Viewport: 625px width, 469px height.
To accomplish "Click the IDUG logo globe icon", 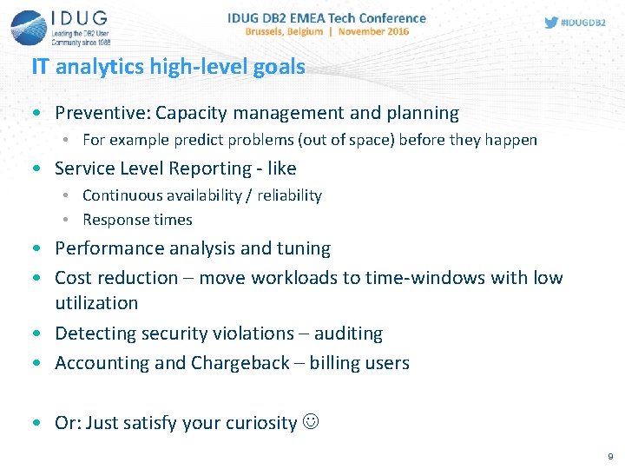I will pyautogui.click(x=29, y=26).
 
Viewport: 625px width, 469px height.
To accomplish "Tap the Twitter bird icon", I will pyautogui.click(x=551, y=23).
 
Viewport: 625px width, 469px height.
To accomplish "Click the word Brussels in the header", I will pyautogui.click(x=272, y=31).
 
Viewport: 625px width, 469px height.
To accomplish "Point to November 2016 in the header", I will pyautogui.click(x=374, y=31).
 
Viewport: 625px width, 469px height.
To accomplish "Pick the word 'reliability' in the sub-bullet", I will pyautogui.click(x=289, y=195).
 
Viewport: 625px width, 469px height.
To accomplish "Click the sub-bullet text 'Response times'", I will pyautogui.click(x=137, y=220).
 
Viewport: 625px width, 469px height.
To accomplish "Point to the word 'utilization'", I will pyautogui.click(x=96, y=303).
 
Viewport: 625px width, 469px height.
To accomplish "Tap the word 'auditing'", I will pyautogui.click(x=348, y=334).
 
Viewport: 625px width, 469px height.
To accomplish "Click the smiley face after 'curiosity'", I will pyautogui.click(x=311, y=423).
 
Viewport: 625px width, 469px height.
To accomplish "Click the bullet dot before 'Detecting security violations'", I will pyautogui.click(x=35, y=334).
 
